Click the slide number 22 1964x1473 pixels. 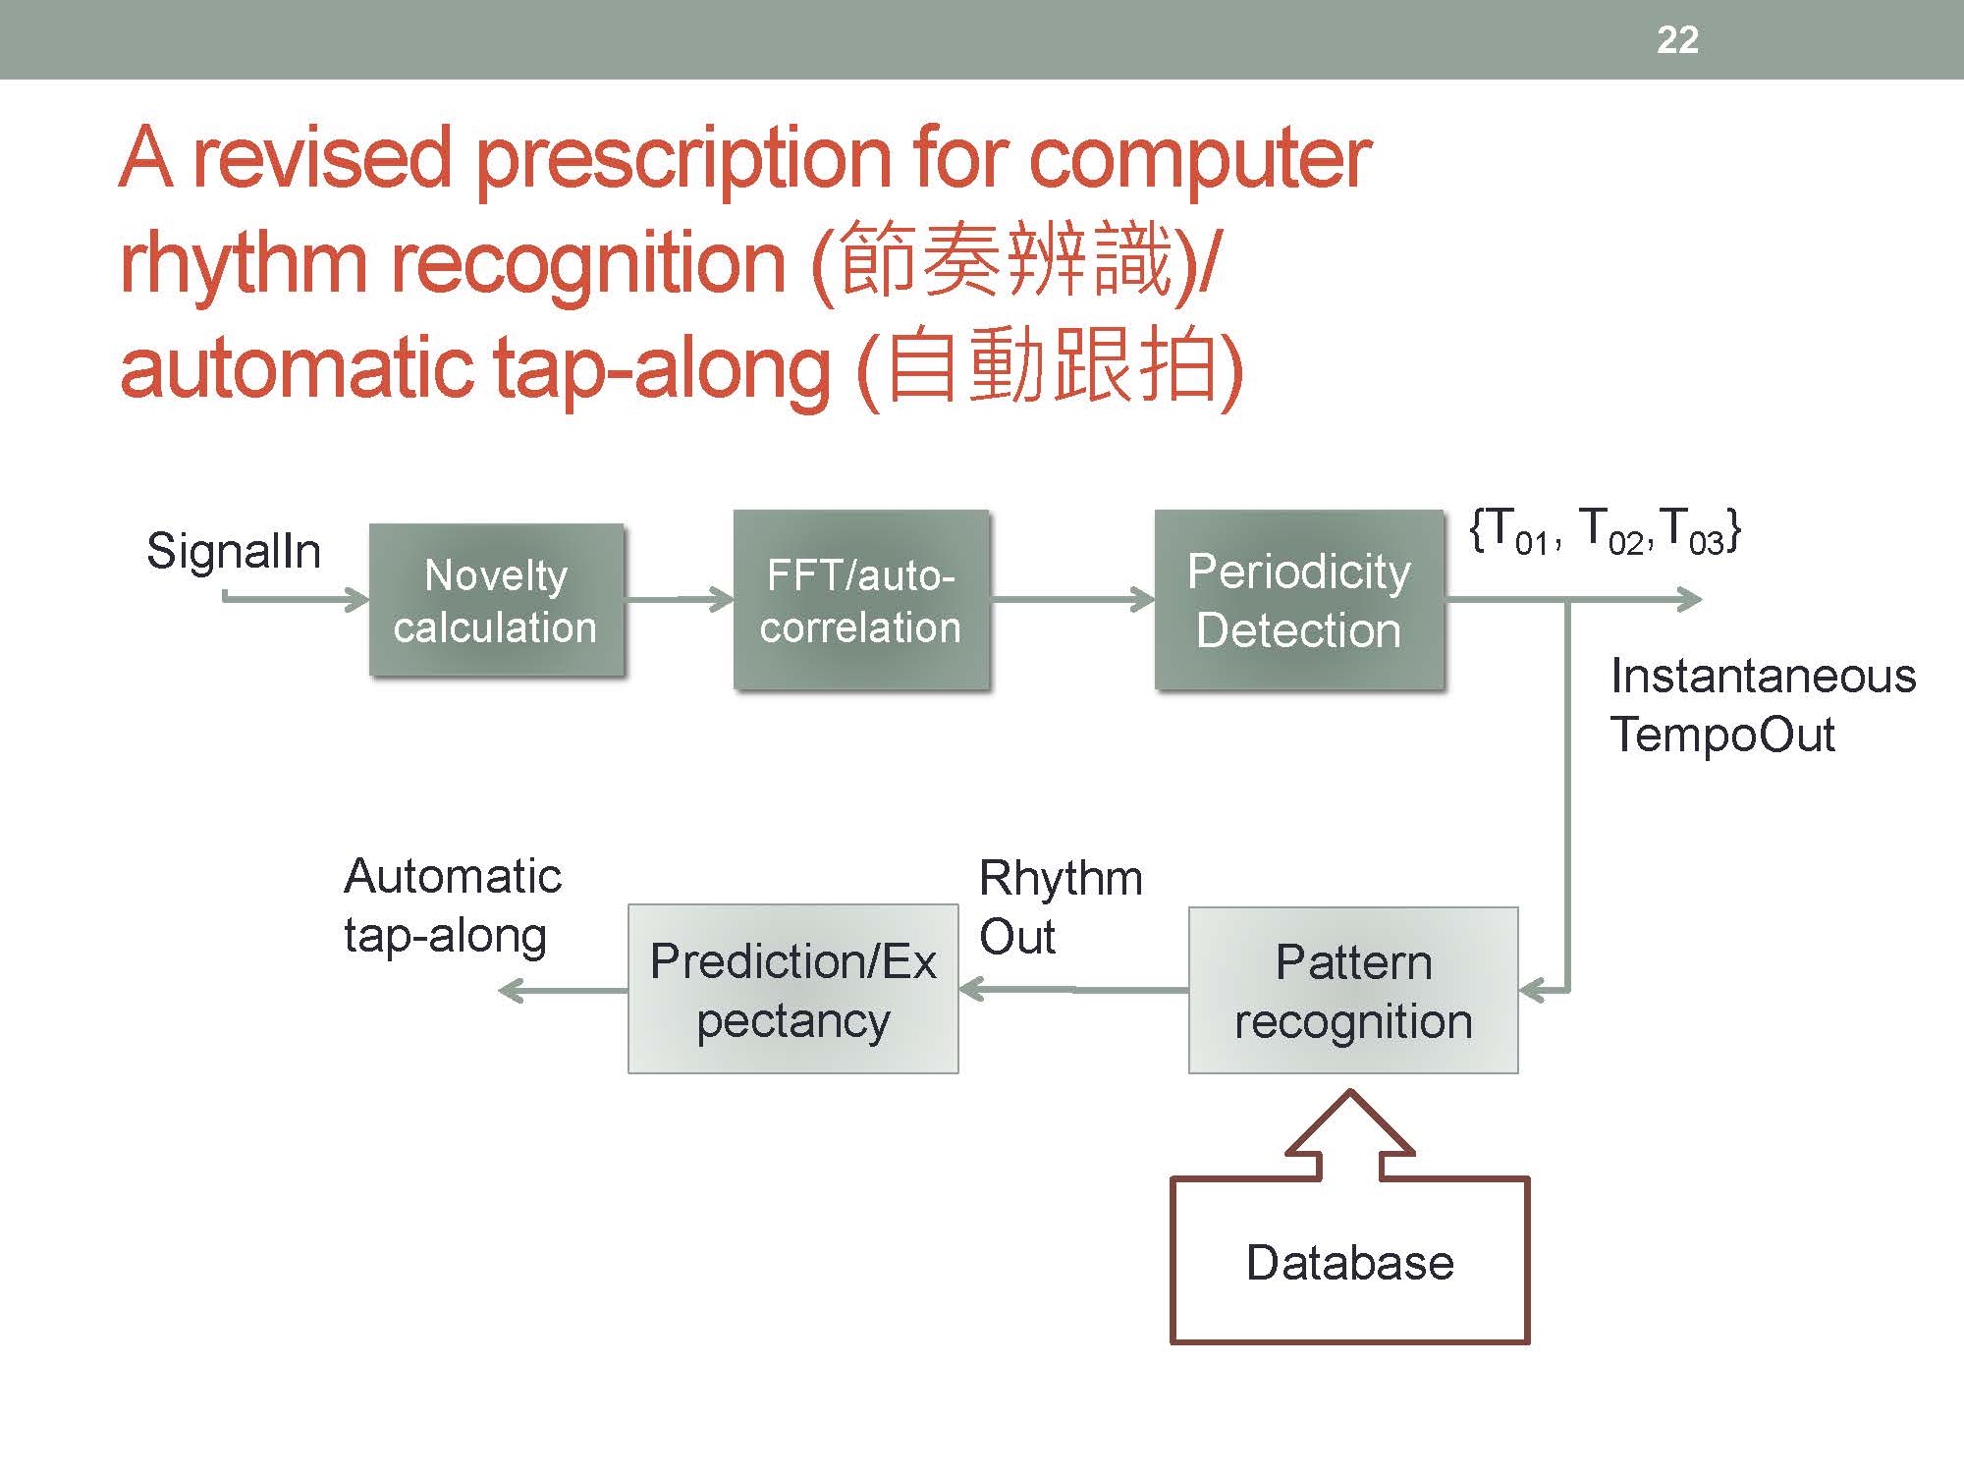pos(1677,39)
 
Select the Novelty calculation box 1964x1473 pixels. pos(496,600)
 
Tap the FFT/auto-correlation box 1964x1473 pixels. pos(860,600)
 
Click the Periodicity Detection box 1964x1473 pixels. pos(1298,600)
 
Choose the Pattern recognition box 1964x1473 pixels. pos(1353,990)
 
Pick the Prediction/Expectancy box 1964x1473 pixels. pos(792,989)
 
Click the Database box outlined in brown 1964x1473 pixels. pos(1350,1261)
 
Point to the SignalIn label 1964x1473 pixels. pos(234,551)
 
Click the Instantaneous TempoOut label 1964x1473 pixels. pos(1763,704)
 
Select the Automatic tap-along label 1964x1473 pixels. pos(452,904)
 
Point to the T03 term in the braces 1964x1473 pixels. pos(1693,532)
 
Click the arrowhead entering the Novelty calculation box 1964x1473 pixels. pos(357,598)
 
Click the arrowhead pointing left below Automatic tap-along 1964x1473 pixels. pos(512,990)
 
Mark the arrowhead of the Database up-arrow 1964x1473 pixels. pos(1350,1119)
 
